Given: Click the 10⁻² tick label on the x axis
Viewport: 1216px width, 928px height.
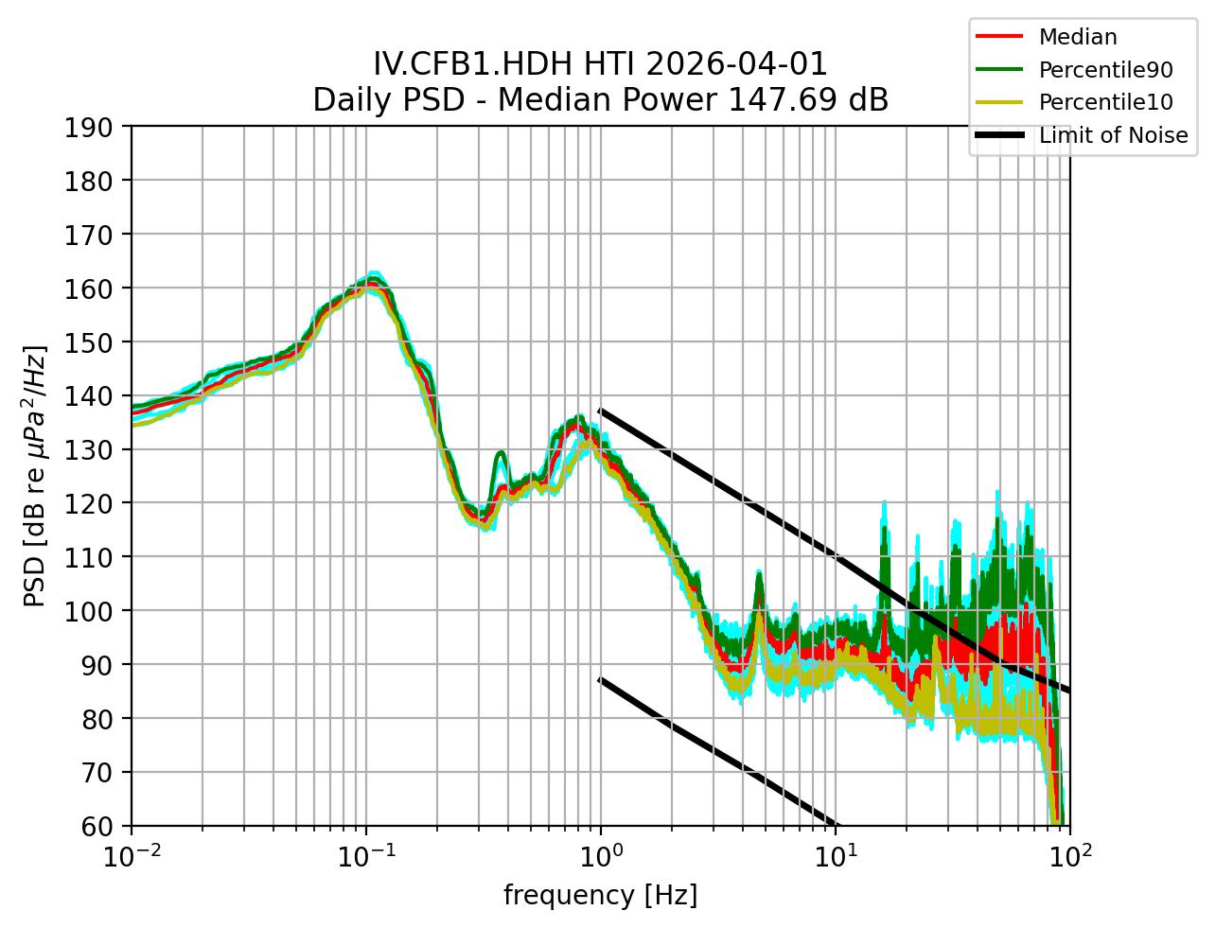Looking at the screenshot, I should point(132,854).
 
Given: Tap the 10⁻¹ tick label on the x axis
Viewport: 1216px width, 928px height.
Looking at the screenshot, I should point(366,854).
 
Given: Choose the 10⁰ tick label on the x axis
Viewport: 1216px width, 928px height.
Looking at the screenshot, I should point(601,854).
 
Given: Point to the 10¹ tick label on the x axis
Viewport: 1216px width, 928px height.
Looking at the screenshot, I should point(836,854).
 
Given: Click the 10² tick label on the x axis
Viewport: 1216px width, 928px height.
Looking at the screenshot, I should point(1070,854).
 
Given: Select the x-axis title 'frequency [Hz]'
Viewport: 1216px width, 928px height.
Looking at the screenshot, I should point(600,895).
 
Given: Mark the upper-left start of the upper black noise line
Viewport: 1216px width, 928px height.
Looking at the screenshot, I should point(601,411).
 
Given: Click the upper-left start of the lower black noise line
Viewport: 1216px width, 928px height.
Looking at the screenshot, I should point(601,679).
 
